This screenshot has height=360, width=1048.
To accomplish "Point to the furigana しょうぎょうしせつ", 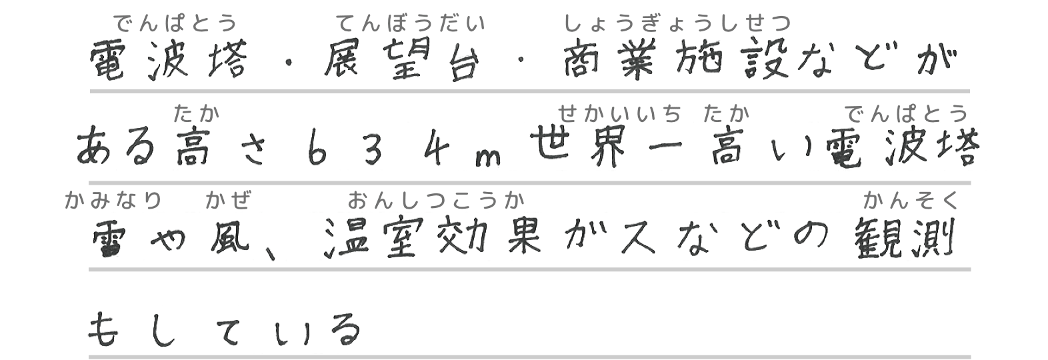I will point(677,25).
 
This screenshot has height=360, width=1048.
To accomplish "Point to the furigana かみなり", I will point(114,199).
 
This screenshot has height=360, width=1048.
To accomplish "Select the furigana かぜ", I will point(229,199).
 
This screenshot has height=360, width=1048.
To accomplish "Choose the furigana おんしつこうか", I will point(435,199).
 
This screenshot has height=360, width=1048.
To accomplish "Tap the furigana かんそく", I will point(910,199).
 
